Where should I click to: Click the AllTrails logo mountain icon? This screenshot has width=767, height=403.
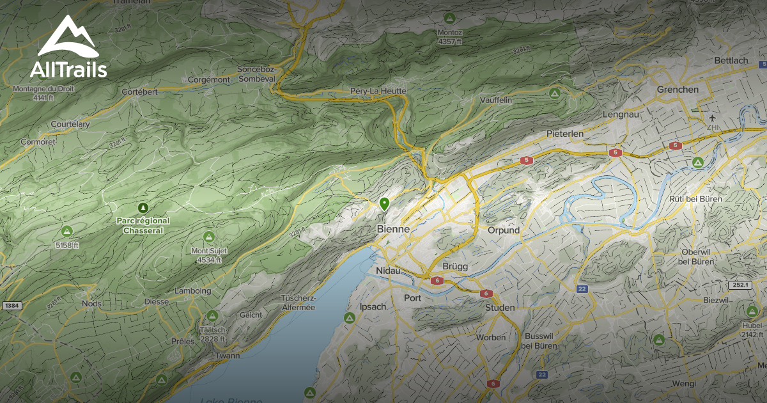pyautogui.click(x=67, y=36)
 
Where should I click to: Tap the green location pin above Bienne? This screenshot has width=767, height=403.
pyautogui.click(x=384, y=204)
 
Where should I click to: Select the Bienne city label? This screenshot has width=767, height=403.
pyautogui.click(x=393, y=229)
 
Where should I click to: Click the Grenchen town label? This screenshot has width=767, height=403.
pyautogui.click(x=678, y=90)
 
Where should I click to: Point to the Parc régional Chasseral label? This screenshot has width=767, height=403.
pyautogui.click(x=143, y=225)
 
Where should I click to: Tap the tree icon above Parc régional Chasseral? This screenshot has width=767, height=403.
pyautogui.click(x=143, y=208)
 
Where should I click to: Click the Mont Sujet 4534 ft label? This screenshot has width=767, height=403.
pyautogui.click(x=208, y=255)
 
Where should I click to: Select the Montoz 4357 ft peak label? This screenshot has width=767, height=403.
pyautogui.click(x=449, y=36)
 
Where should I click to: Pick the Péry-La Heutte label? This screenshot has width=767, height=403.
pyautogui.click(x=378, y=91)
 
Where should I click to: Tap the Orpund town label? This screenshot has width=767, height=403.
pyautogui.click(x=504, y=230)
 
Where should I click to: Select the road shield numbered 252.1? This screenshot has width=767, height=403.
pyautogui.click(x=739, y=285)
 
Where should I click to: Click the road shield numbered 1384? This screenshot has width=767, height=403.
pyautogui.click(x=12, y=306)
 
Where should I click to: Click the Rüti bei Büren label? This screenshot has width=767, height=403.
pyautogui.click(x=695, y=199)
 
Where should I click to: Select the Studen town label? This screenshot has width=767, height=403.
pyautogui.click(x=500, y=308)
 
